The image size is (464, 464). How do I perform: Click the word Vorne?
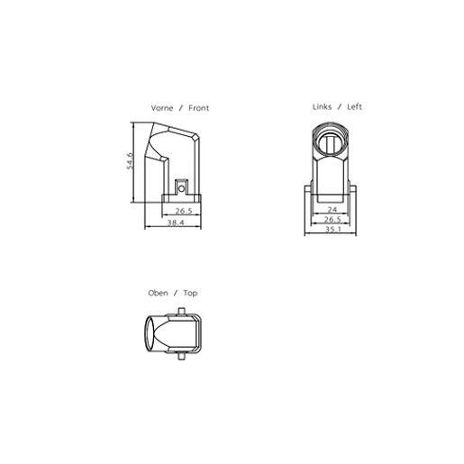click(162, 108)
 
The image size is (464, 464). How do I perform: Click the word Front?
click(198, 108)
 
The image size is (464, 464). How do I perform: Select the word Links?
click(323, 106)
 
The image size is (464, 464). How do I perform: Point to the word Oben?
click(158, 293)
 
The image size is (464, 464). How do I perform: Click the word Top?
click(190, 293)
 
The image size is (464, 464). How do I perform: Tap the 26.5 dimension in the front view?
click(185, 211)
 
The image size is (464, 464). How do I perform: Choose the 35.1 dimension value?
click(332, 229)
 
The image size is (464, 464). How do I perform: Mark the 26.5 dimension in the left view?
click(332, 219)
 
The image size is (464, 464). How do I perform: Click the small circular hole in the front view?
click(181, 187)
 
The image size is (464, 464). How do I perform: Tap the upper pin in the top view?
click(184, 312)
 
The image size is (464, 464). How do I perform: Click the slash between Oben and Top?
click(175, 293)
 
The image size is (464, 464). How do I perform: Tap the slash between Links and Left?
click(340, 106)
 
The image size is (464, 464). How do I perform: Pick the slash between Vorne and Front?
click(181, 108)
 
